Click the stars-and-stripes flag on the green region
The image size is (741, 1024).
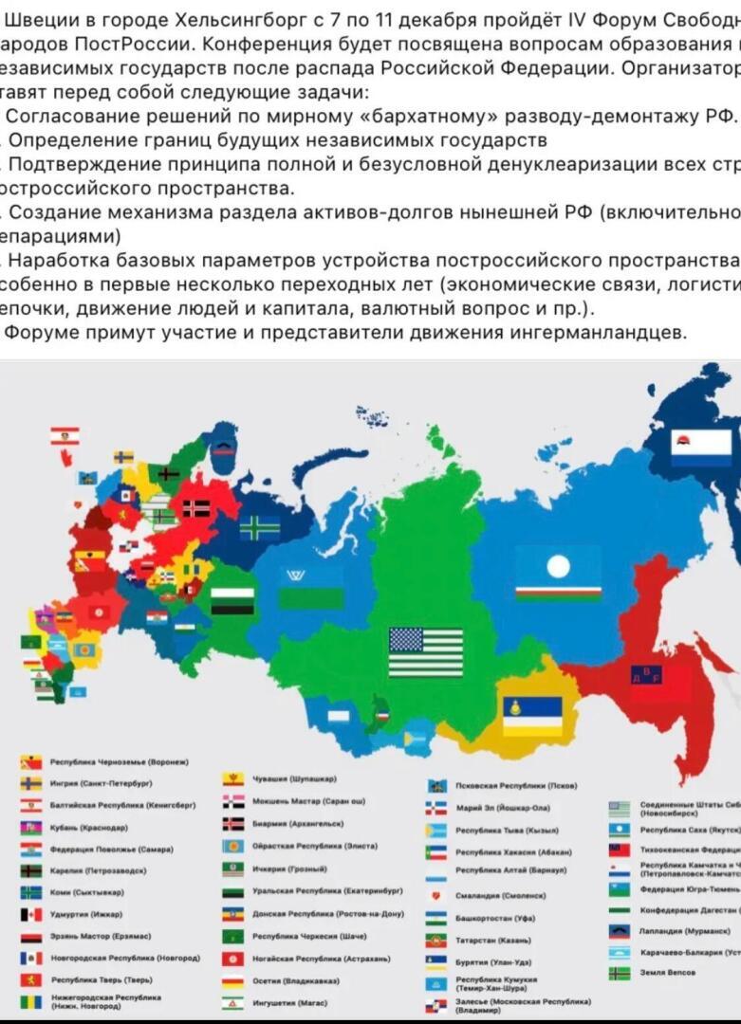tap(426, 651)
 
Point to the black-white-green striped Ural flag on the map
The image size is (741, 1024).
tap(232, 599)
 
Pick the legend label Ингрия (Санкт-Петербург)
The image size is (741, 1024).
tap(102, 783)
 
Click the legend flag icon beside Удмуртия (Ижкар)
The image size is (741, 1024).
tap(32, 914)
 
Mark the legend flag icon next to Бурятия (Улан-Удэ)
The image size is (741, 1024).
tap(436, 960)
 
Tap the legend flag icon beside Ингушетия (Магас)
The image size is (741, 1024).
tap(233, 1001)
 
